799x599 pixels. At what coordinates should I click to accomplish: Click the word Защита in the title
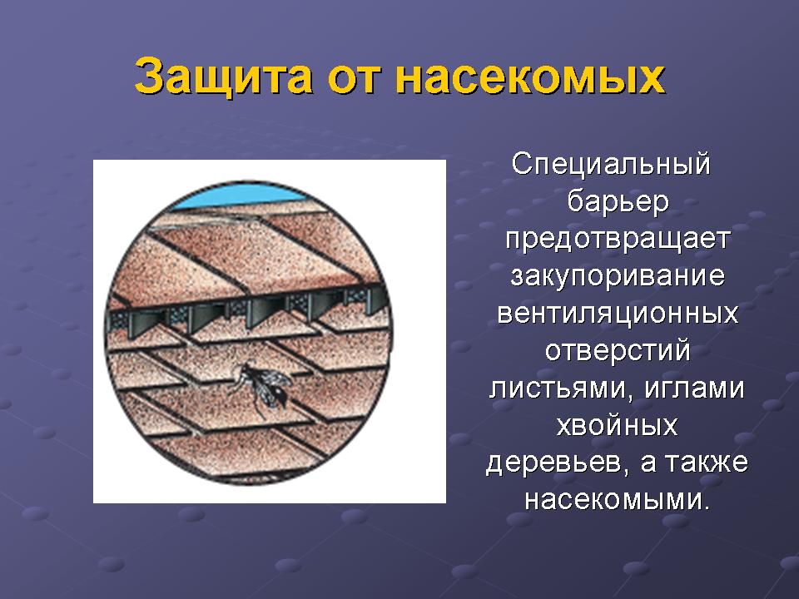223,77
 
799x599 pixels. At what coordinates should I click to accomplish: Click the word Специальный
611,165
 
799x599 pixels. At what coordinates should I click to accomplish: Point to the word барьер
618,201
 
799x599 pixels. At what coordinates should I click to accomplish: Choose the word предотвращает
618,239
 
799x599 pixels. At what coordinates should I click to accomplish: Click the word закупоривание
618,276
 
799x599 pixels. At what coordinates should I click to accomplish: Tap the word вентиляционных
618,314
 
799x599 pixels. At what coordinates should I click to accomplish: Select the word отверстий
618,350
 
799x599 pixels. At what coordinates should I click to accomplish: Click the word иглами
695,389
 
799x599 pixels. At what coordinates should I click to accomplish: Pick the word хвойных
617,425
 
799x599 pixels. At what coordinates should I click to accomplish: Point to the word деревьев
555,463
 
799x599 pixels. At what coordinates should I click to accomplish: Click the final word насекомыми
617,500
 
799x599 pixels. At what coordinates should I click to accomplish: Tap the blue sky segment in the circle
240,197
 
